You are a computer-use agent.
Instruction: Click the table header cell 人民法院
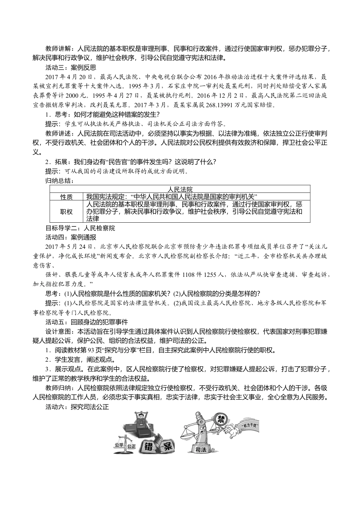[x=180, y=189]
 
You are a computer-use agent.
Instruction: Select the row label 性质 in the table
[x=66, y=196]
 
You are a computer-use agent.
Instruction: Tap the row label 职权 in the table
[x=66, y=211]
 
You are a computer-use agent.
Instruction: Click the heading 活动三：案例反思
[x=71, y=68]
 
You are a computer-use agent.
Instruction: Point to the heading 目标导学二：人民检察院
[x=80, y=228]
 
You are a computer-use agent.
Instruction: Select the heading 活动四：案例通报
[x=71, y=237]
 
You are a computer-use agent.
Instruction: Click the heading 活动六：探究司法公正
[x=77, y=407]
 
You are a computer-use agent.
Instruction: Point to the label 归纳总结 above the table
[x=59, y=181]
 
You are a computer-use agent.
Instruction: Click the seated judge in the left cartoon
[x=140, y=421]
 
